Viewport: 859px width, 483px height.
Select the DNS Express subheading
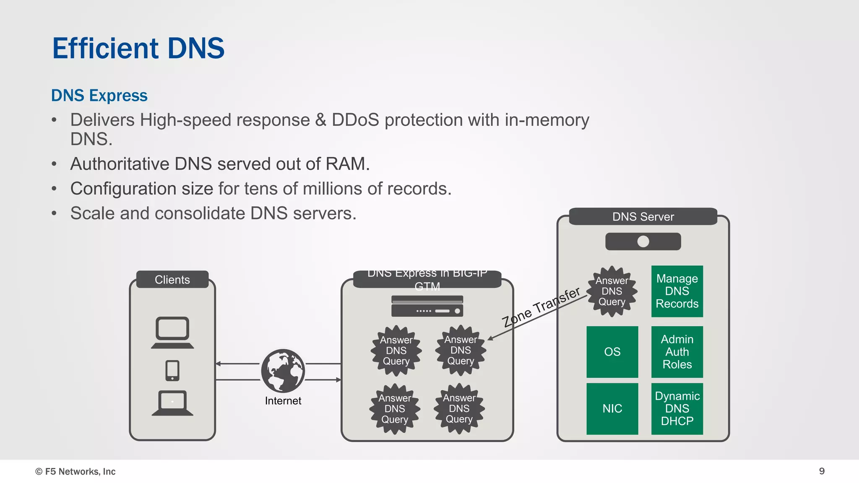[x=99, y=96]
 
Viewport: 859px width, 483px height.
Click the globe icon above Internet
[x=283, y=371]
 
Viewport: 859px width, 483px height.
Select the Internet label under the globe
[x=283, y=401]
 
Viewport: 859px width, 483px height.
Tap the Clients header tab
[x=172, y=280]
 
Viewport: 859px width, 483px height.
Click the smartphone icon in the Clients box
[x=172, y=371]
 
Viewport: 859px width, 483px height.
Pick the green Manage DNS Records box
[x=677, y=291]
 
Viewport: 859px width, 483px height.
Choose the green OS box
[x=612, y=352]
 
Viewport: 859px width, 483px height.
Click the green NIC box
[x=612, y=408]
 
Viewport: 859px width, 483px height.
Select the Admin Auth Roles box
[x=677, y=352]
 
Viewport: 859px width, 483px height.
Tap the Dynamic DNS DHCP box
[x=677, y=408]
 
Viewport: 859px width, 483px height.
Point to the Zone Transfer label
[x=541, y=307]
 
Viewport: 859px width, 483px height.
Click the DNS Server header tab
[x=643, y=217]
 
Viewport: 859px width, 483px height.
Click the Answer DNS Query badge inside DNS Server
[x=612, y=291]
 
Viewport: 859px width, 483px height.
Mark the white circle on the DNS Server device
[x=643, y=241]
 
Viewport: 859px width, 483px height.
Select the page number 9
[x=822, y=471]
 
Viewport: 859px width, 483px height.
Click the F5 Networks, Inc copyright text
[x=75, y=471]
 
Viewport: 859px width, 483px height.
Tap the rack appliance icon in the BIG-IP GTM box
[x=427, y=306]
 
